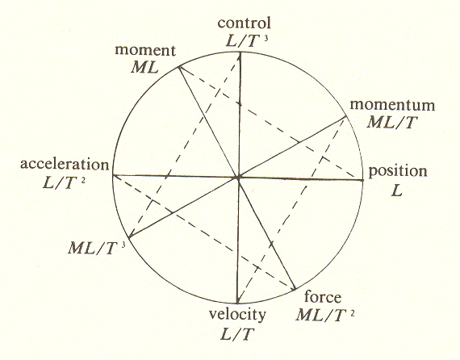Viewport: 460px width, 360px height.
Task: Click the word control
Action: pyautogui.click(x=244, y=23)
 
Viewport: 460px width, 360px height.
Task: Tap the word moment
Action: pyautogui.click(x=145, y=51)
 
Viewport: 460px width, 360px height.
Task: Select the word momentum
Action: pyautogui.click(x=392, y=105)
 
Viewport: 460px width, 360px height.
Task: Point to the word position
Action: pyautogui.click(x=398, y=172)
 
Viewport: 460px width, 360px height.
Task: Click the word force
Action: pyautogui.click(x=323, y=297)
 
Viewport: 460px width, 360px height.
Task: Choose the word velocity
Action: pyautogui.click(x=237, y=315)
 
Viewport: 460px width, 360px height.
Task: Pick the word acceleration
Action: pyautogui.click(x=65, y=165)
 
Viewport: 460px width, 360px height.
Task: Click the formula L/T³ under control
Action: pyautogui.click(x=247, y=41)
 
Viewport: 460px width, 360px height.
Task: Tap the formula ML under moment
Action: pyautogui.click(x=144, y=68)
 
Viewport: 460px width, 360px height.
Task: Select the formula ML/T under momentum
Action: pyautogui.click(x=392, y=122)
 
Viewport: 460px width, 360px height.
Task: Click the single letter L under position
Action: pyautogui.click(x=397, y=191)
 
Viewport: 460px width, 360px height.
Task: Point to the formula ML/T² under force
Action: pyautogui.click(x=325, y=316)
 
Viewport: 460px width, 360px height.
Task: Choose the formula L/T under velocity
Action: pyautogui.click(x=236, y=334)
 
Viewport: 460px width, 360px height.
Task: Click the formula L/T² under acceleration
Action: pyautogui.click(x=64, y=183)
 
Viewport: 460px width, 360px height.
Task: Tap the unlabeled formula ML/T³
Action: pyautogui.click(x=97, y=249)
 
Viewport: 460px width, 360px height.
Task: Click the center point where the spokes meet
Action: pyautogui.click(x=238, y=178)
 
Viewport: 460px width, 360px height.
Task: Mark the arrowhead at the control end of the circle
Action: pyautogui.click(x=240, y=57)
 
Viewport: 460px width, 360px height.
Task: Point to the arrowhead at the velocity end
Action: pyautogui.click(x=238, y=300)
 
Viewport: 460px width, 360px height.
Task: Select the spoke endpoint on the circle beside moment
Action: pyautogui.click(x=178, y=68)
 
